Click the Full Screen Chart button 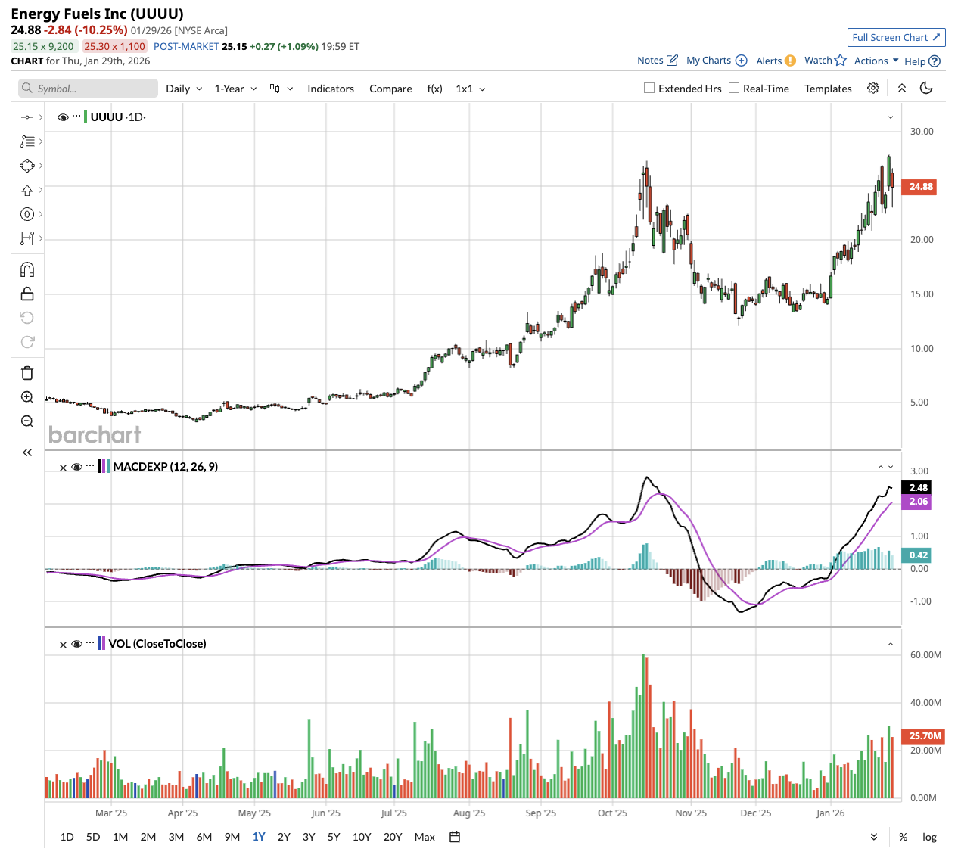click(x=896, y=37)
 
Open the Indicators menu click(x=330, y=89)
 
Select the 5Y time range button click(x=334, y=837)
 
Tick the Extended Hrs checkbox click(x=649, y=88)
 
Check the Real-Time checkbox click(x=734, y=88)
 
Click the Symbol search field click(x=89, y=89)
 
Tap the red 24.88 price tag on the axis click(x=920, y=187)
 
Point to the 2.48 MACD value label click(x=918, y=488)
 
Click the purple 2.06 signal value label click(x=918, y=502)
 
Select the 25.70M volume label click(x=925, y=735)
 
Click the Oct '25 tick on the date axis click(x=612, y=813)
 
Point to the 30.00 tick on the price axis click(x=922, y=132)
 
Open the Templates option click(x=828, y=89)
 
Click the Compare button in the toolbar click(x=390, y=89)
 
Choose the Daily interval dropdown click(x=184, y=89)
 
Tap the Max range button click(x=425, y=837)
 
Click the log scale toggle click(x=929, y=837)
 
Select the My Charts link click(x=716, y=61)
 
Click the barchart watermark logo click(x=95, y=434)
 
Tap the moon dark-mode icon click(x=925, y=88)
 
